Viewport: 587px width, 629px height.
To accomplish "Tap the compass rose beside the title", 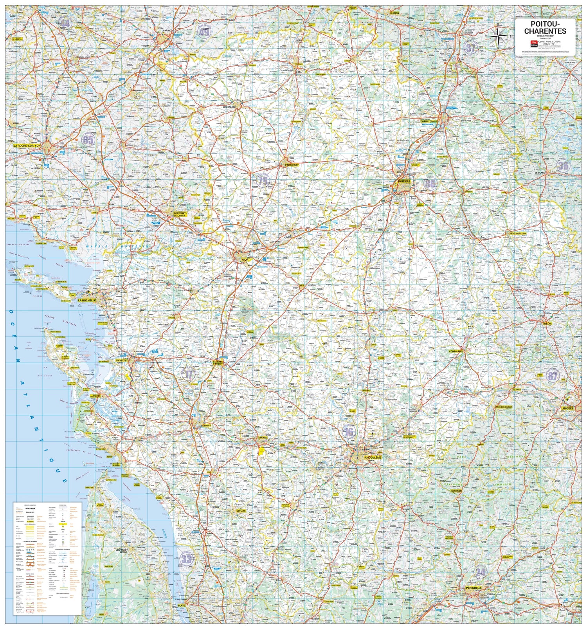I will [499, 36].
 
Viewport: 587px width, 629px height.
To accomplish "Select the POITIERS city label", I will [404, 182].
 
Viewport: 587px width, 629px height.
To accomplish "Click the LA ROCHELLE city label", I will [86, 301].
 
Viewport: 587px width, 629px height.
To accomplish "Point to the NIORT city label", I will [245, 260].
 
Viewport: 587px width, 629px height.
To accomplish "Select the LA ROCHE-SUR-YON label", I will [27, 146].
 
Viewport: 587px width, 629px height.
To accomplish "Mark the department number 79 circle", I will [263, 180].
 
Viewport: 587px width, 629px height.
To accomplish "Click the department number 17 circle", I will [189, 374].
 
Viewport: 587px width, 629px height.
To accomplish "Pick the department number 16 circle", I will [349, 432].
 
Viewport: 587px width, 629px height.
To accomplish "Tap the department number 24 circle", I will [480, 573].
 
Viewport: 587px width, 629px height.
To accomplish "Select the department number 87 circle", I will [552, 376].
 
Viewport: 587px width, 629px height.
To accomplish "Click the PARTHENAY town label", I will [292, 165].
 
